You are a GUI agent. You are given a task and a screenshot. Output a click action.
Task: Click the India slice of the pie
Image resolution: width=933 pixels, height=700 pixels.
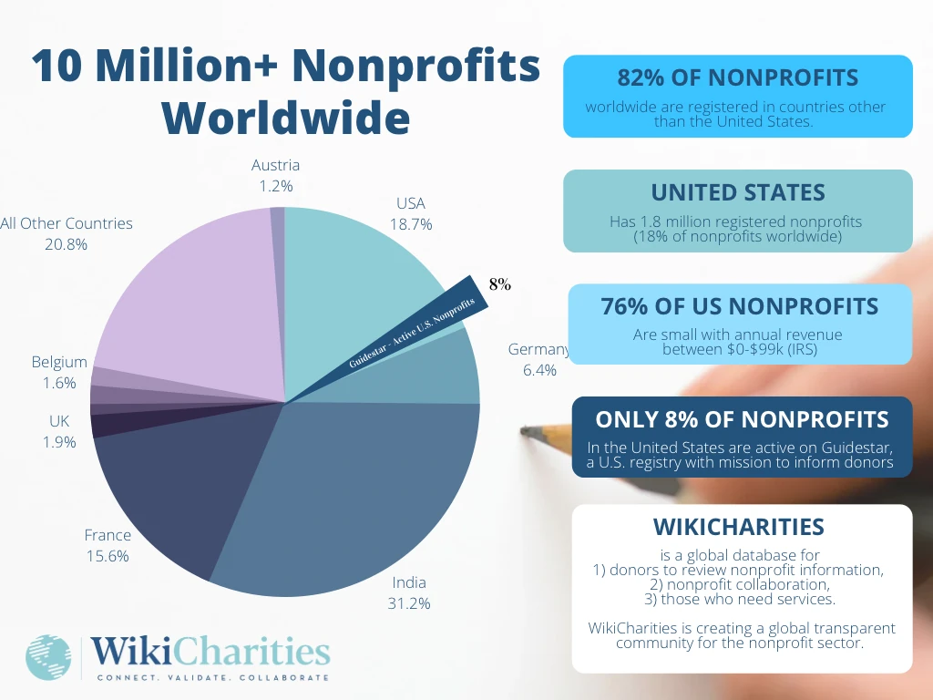coord(355,492)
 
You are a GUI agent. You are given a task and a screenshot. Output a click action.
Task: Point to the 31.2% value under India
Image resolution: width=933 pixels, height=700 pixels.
coord(409,602)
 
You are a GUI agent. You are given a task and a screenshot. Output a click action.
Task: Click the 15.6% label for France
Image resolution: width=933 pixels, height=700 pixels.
coord(108,555)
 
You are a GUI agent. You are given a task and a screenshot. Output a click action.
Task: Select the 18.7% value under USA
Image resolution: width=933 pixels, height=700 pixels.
coord(411,223)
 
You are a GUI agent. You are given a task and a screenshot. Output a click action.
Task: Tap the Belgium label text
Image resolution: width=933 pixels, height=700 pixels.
coord(59,362)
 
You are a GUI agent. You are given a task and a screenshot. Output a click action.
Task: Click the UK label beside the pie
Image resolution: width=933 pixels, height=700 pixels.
coord(59,421)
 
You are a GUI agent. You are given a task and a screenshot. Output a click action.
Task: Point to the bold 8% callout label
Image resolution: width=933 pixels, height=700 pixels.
coord(499,284)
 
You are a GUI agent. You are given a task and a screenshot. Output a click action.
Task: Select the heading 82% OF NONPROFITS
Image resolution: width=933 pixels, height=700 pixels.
coord(738,78)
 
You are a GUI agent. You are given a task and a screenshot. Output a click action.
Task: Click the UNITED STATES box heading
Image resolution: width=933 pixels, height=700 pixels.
coord(738,193)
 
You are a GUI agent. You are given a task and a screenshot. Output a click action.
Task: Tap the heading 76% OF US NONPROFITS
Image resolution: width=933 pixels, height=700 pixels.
coord(739,307)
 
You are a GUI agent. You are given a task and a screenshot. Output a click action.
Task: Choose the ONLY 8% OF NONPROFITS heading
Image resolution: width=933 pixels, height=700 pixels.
coord(742,419)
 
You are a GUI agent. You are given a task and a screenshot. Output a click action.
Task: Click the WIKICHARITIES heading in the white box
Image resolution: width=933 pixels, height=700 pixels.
coord(739,527)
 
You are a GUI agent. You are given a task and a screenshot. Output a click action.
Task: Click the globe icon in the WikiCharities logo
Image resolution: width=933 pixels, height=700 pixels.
coord(48,657)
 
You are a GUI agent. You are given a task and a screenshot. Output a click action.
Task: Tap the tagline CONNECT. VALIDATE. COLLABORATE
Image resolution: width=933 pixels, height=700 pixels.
coord(212,677)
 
